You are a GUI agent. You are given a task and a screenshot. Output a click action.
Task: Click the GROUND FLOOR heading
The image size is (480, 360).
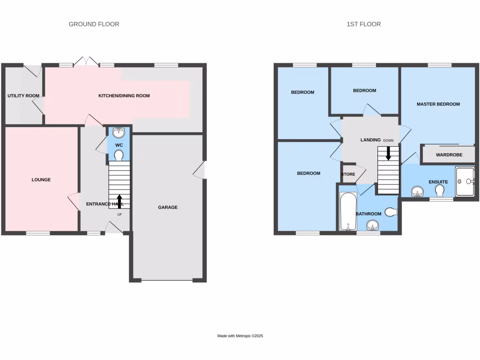[94, 24]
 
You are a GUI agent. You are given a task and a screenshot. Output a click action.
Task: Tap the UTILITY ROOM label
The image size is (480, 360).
[23, 96]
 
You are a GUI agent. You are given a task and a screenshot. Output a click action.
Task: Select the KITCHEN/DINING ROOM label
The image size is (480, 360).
[124, 96]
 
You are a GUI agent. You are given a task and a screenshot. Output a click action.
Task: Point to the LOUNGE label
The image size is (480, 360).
[41, 180]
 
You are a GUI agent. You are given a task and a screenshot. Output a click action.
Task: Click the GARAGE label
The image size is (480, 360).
[167, 207]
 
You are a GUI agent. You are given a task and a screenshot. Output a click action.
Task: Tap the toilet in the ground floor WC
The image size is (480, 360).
[119, 155]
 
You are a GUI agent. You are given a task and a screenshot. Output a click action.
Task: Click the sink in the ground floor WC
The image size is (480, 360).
[119, 132]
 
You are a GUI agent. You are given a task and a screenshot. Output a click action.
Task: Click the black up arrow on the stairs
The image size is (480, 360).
[119, 201]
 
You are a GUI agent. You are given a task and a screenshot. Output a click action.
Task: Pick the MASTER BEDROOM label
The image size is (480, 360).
[438, 104]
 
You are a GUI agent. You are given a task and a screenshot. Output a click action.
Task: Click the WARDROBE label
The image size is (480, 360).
[449, 155]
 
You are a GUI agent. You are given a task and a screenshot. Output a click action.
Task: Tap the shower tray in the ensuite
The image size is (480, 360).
[465, 181]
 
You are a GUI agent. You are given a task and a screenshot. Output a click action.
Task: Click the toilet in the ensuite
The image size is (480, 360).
[440, 191]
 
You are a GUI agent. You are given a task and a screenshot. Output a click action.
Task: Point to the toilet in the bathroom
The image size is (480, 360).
[390, 212]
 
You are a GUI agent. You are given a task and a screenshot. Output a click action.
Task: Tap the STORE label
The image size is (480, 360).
[348, 174]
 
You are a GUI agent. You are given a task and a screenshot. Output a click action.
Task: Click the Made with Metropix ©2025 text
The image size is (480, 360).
[240, 336]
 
